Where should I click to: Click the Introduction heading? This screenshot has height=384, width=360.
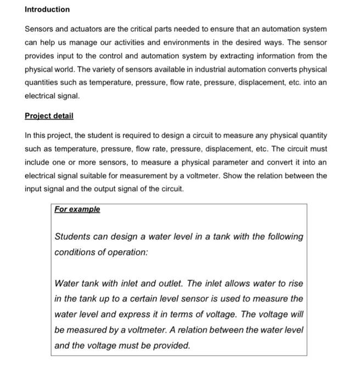47,9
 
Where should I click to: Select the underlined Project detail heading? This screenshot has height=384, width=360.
49,116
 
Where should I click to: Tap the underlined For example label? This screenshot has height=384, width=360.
77,210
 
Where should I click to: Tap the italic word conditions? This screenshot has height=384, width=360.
75,253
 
